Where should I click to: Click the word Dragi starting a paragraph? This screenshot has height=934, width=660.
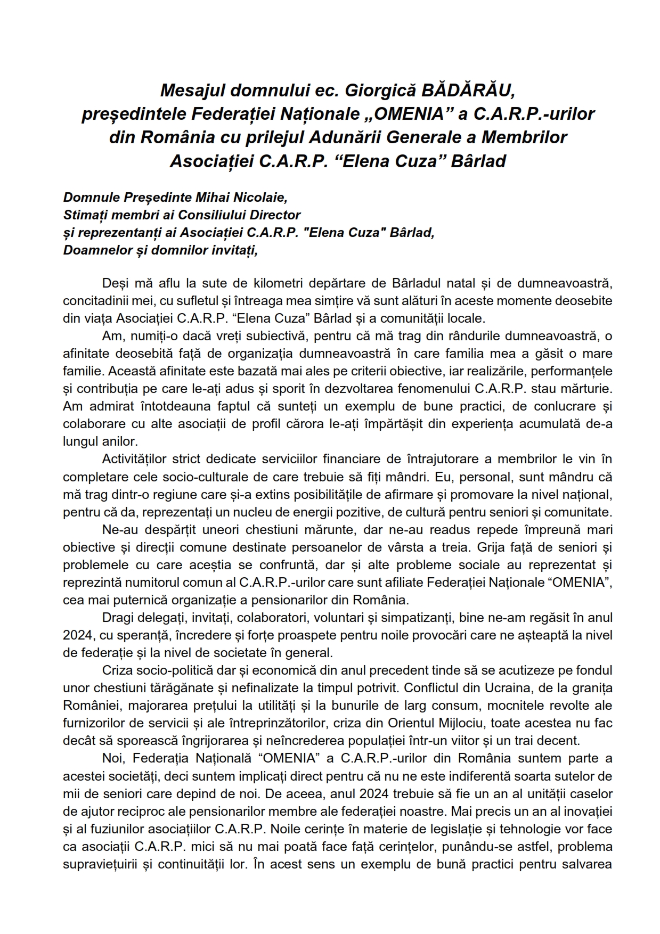(116, 617)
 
